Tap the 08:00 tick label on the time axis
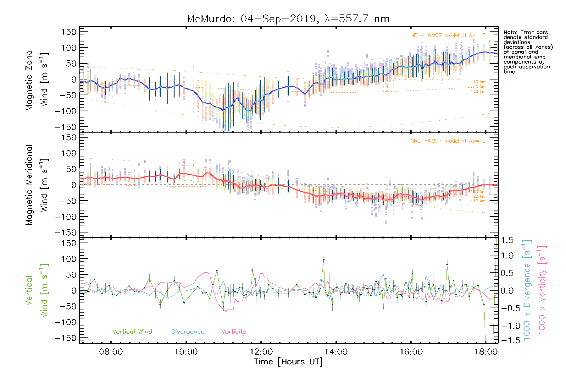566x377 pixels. [x=111, y=352]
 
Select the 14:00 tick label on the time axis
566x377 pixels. [x=336, y=352]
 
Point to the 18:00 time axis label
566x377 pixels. [x=486, y=352]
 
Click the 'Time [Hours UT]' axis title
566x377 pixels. [x=288, y=362]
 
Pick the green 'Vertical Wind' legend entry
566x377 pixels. [x=132, y=331]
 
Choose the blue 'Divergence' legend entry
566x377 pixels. [x=188, y=331]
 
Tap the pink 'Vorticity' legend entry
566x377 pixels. [x=233, y=331]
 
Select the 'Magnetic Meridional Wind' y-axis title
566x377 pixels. [x=37, y=185]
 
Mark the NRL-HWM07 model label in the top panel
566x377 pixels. [x=448, y=35]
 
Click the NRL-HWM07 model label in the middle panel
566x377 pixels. [x=448, y=141]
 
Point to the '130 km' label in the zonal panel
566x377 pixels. [x=478, y=91]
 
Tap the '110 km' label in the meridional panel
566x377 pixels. [x=478, y=191]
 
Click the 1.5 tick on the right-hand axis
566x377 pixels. [x=507, y=240]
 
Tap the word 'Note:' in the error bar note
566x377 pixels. [x=510, y=32]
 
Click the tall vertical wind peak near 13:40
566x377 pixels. [x=324, y=260]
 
